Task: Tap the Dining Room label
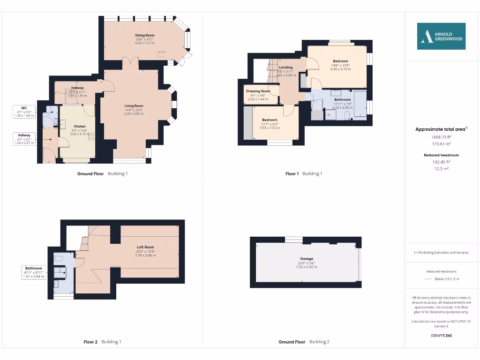(x=145, y=35)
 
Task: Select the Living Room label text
(x=134, y=106)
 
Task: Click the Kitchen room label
(x=79, y=127)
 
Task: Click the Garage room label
(x=307, y=259)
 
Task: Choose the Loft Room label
(x=145, y=247)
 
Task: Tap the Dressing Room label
(x=258, y=91)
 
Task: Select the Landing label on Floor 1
(x=285, y=67)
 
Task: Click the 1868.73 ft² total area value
(x=441, y=137)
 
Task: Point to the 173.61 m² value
(x=441, y=144)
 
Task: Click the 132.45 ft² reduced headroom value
(x=441, y=162)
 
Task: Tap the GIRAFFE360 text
(x=441, y=336)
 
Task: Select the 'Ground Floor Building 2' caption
(x=304, y=342)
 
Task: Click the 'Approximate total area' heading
(x=440, y=129)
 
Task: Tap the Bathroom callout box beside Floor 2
(x=34, y=272)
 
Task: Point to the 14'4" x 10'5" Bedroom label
(x=340, y=61)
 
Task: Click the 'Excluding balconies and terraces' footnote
(x=441, y=253)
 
